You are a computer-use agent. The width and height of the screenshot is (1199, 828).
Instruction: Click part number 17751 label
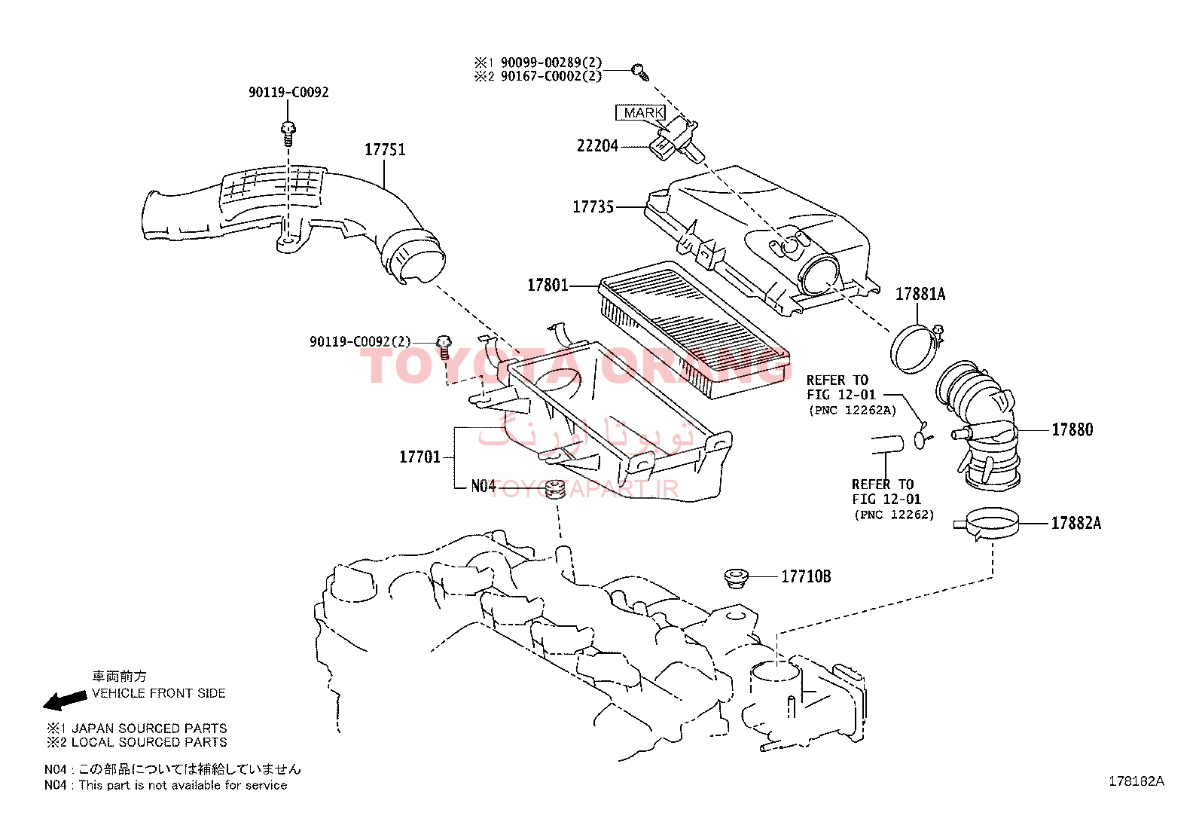coord(385,149)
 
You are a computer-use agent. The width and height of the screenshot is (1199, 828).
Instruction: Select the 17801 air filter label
coord(548,285)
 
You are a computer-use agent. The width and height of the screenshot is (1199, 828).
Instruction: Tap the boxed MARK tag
coord(641,112)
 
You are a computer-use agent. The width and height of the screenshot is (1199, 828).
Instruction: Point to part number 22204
coord(597,145)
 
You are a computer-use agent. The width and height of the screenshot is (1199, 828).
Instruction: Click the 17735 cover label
coord(593,206)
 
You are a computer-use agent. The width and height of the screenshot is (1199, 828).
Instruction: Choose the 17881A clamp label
coord(920,294)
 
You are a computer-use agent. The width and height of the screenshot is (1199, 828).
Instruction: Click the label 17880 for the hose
coord(1072,429)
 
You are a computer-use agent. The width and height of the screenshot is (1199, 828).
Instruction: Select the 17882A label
coord(1076,523)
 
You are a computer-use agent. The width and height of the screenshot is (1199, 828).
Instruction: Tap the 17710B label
coord(806,576)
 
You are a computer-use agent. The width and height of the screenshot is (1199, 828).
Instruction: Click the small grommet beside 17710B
coord(735,578)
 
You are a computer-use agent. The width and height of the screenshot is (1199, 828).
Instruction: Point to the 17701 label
coord(419,457)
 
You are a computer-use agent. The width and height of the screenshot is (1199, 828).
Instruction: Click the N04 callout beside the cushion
coord(483,486)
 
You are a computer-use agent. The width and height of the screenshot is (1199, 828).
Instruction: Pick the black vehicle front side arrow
coord(66,700)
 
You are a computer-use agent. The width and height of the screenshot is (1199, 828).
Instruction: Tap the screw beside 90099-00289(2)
coord(640,72)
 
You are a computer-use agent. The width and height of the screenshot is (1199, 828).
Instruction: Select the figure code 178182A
coord(1136,781)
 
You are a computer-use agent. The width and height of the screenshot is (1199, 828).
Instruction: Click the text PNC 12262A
coord(853,411)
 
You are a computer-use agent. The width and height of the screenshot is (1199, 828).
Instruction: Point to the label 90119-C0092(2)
coord(360,342)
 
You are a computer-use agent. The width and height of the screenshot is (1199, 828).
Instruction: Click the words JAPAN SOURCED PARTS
coord(149,729)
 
